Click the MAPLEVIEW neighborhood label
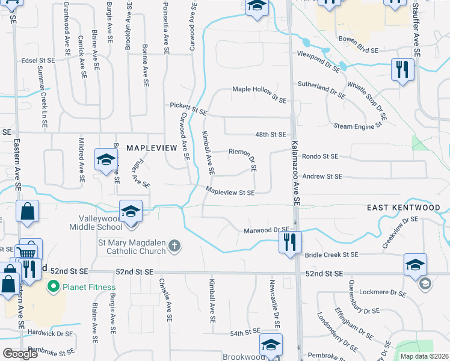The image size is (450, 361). pyautogui.click(x=151, y=147)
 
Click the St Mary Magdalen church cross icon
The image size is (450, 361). pyautogui.click(x=174, y=245)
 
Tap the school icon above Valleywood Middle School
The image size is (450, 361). pyautogui.click(x=131, y=212)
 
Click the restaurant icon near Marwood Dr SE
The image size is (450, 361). pyautogui.click(x=290, y=242)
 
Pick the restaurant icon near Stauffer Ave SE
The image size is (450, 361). pyautogui.click(x=402, y=69)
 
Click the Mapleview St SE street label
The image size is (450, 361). pyautogui.click(x=230, y=193)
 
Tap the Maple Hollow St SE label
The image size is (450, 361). pyautogui.click(x=260, y=93)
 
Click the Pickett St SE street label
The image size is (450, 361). pyautogui.click(x=188, y=108)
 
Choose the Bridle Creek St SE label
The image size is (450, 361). pyautogui.click(x=331, y=255)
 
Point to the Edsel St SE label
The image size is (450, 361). pyautogui.click(x=38, y=60)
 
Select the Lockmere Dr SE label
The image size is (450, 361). pyautogui.click(x=383, y=292)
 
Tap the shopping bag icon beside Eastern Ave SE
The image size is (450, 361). pyautogui.click(x=28, y=212)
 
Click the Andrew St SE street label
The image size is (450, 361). pyautogui.click(x=322, y=176)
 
